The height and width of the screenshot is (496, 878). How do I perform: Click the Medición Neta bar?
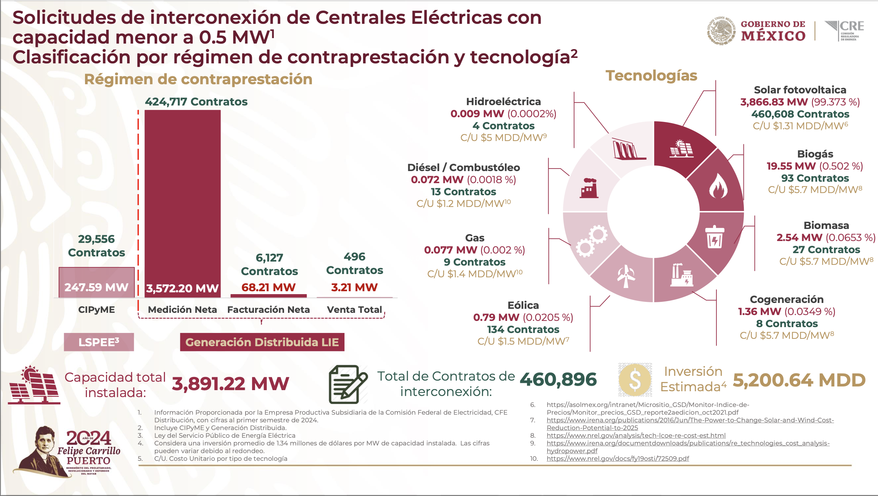pos(182,198)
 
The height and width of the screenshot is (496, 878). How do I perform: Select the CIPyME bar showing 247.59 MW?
pos(96,282)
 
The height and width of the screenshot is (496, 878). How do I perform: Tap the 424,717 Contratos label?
pos(196,101)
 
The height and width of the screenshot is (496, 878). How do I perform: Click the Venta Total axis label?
pos(354,310)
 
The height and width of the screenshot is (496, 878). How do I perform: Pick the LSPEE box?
pos(99,342)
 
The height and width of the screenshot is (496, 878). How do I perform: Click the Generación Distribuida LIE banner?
pos(262,342)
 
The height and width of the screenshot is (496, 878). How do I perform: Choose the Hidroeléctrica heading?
pos(503,101)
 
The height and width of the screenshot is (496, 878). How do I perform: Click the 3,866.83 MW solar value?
pos(774,102)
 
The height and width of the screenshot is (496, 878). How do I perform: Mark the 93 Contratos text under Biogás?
pos(815,178)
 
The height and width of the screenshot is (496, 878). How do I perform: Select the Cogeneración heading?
pos(786,299)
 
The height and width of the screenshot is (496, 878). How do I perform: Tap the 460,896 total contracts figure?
pos(558,380)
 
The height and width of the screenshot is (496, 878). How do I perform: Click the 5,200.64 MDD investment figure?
pos(799,380)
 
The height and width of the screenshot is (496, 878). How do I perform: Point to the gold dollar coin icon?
pos(635,380)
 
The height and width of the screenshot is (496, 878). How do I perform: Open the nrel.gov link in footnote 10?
pos(617,459)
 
